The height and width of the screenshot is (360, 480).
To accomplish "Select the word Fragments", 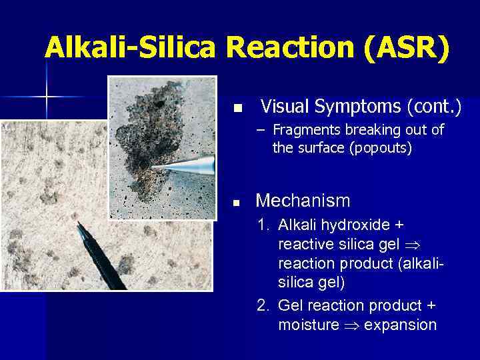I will coord(303,129).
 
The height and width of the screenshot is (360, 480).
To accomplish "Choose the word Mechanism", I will coord(303,200).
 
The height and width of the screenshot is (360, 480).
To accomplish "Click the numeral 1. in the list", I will coord(264,225).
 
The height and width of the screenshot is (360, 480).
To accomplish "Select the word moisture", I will coord(309,325).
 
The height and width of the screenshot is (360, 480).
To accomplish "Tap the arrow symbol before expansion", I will coord(349,326).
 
